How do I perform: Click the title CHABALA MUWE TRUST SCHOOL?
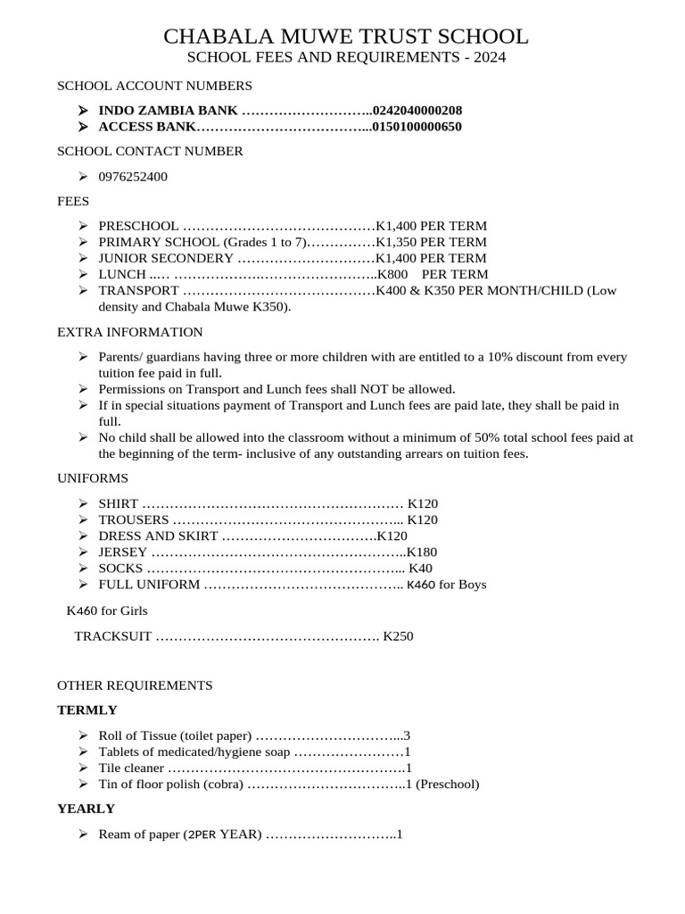pos(346,37)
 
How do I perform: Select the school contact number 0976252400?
pos(133,177)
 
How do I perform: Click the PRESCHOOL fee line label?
pos(138,226)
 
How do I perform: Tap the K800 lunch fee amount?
pos(392,274)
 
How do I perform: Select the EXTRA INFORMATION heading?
pos(130,332)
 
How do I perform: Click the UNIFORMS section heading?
pos(93,478)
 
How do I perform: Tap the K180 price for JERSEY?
pos(422,553)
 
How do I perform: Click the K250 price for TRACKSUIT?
pos(398,636)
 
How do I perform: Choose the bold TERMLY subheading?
pos(87,710)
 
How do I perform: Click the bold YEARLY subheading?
pos(87,809)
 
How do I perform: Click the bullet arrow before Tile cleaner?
pos(82,768)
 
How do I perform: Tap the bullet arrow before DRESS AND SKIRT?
pos(82,536)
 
